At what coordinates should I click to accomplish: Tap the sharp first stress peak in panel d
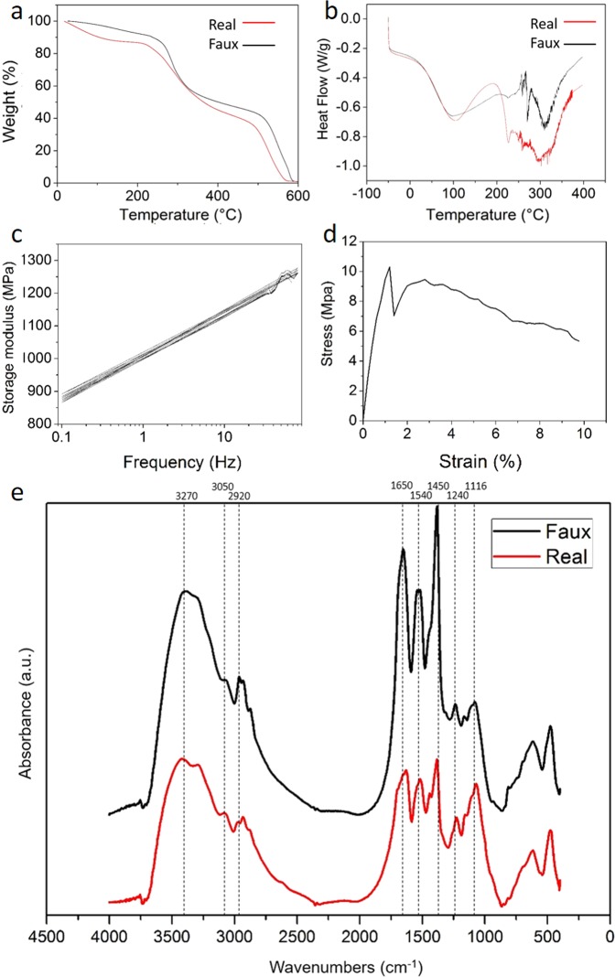click(389, 267)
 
